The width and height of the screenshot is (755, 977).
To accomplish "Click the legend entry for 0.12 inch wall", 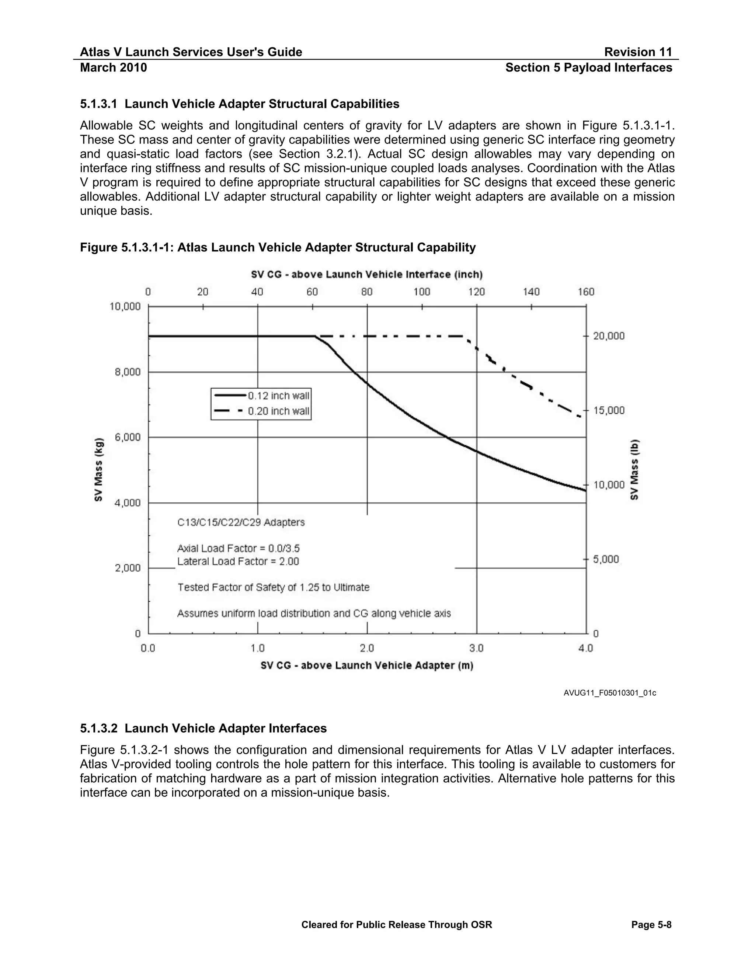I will click(261, 396).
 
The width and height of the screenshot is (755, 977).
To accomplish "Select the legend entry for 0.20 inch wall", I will click(261, 411).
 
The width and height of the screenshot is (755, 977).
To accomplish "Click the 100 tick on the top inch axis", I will click(422, 292).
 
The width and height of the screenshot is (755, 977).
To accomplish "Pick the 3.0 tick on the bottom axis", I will click(477, 648).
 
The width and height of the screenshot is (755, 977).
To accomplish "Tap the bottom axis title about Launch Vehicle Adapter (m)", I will click(367, 665).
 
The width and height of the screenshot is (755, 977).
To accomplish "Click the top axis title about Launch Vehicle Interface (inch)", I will click(367, 274).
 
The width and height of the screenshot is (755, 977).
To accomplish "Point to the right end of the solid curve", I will click(585, 491).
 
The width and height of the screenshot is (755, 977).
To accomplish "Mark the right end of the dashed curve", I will click(580, 417).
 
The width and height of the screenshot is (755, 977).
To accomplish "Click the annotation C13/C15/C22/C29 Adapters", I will click(241, 522).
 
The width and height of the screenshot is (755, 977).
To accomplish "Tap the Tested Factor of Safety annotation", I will click(273, 587).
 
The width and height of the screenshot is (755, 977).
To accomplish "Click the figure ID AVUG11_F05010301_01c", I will click(610, 693).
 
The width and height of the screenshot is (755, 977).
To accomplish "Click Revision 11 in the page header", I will click(638, 52).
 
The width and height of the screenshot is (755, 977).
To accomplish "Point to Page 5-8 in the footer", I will click(651, 925).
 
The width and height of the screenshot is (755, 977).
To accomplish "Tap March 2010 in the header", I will click(113, 67).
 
